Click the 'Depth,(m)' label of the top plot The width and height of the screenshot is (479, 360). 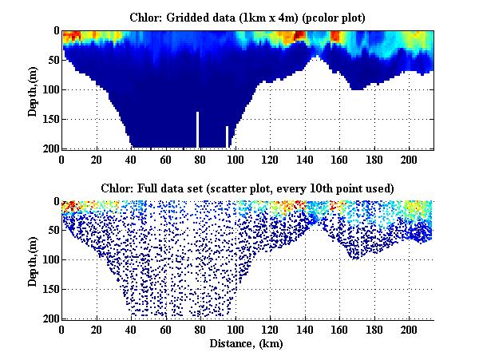pos(33,89)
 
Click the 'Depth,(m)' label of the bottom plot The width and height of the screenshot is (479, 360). pos(33,260)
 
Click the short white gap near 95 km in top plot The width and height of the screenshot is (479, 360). pos(228,136)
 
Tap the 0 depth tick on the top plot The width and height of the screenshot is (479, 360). pos(54,30)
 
